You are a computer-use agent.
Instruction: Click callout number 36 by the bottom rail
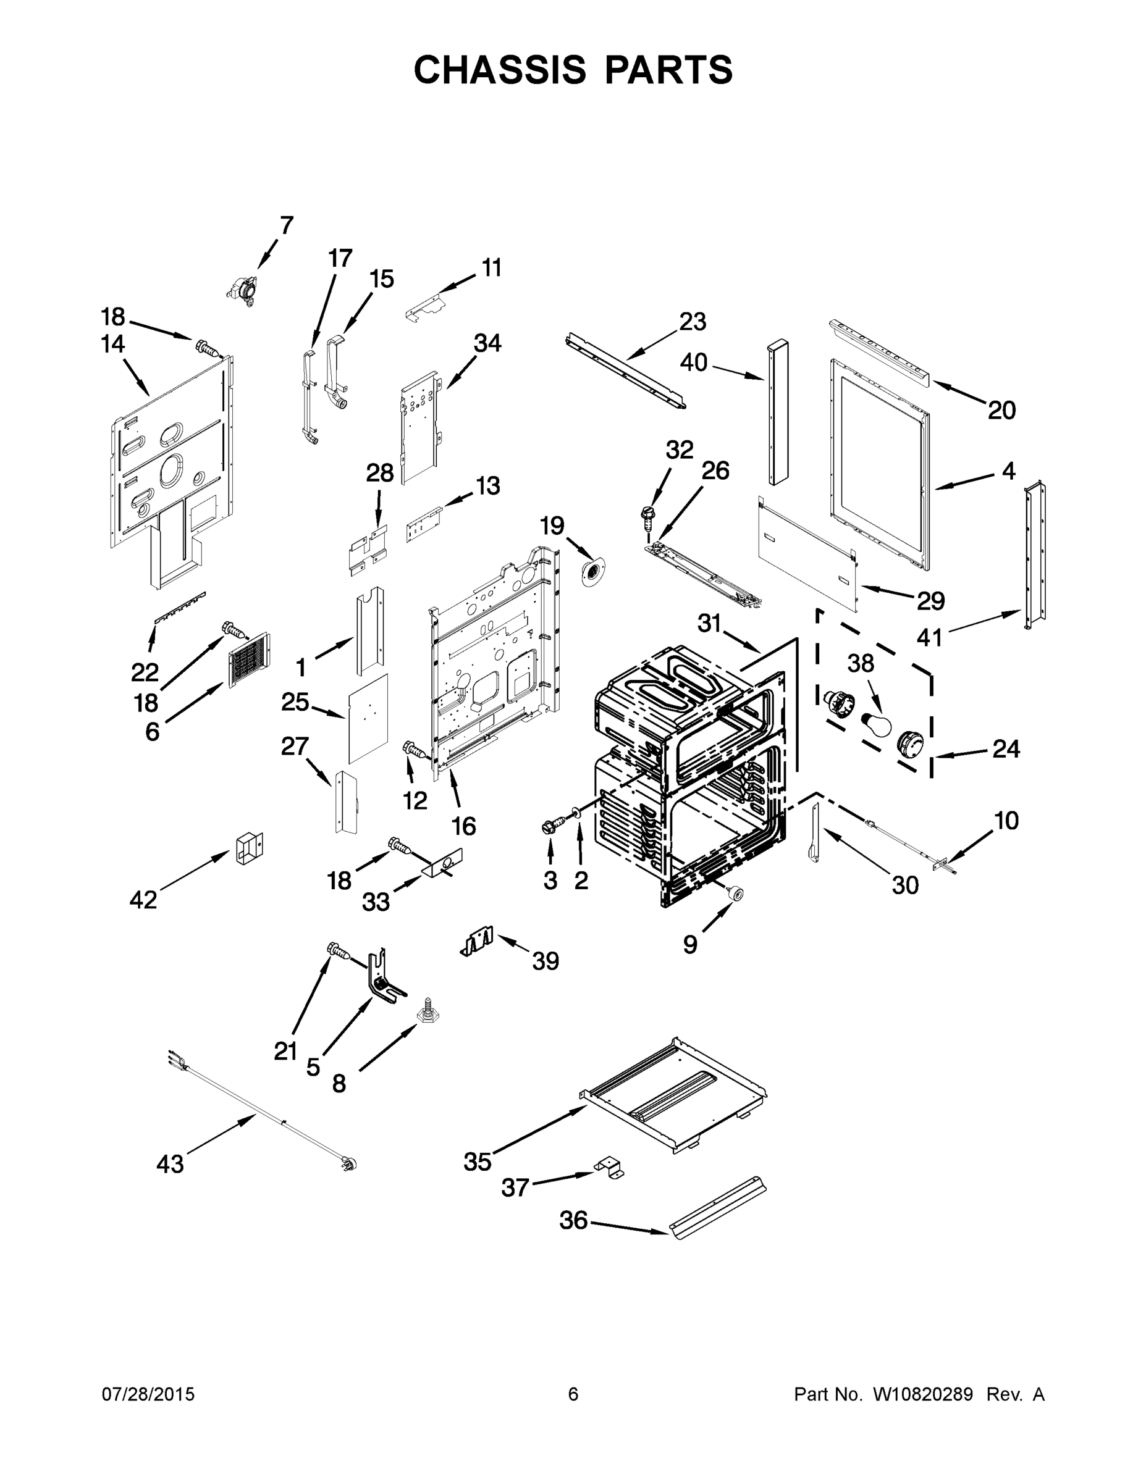point(573,1220)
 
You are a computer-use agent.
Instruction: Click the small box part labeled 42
point(248,848)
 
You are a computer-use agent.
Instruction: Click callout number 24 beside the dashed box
point(1006,749)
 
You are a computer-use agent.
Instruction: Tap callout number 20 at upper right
point(1001,410)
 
